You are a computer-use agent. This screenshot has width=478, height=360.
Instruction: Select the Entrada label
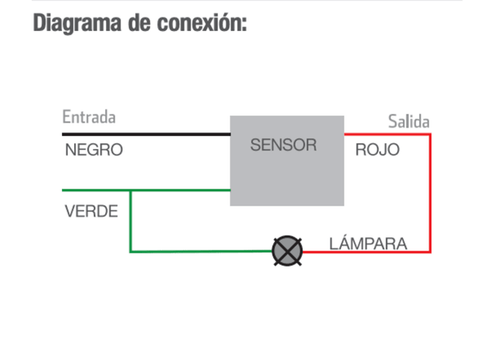[88, 117]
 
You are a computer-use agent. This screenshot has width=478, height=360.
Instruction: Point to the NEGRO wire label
[94, 149]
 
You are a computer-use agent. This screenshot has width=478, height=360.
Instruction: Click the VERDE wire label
[92, 212]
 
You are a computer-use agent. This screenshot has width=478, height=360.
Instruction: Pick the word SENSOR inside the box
[283, 146]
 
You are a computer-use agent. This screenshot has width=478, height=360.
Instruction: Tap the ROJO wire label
[377, 149]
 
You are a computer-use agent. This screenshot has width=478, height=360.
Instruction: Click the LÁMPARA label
[368, 243]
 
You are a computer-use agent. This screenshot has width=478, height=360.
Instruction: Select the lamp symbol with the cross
[288, 252]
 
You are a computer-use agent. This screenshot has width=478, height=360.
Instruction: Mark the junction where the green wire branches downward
[131, 190]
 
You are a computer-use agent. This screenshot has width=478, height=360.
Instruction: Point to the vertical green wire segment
[131, 223]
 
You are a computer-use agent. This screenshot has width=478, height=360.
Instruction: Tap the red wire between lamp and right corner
[366, 252]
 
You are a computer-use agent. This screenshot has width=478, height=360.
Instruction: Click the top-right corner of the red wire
[430, 135]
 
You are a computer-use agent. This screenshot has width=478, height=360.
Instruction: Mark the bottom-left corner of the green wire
[131, 252]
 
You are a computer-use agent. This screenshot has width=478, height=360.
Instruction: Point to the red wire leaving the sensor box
[386, 135]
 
